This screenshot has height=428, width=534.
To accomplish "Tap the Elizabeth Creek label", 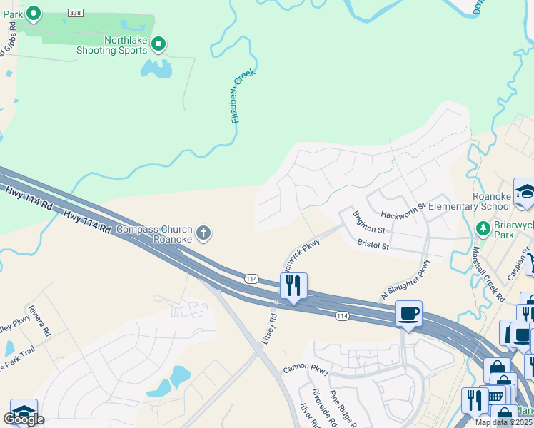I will [x=243, y=96].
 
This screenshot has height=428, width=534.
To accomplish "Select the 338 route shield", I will [x=75, y=13].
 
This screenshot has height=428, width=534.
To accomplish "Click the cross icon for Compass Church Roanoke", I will [x=203, y=232].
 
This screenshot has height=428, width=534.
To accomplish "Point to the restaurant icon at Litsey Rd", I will [x=293, y=286].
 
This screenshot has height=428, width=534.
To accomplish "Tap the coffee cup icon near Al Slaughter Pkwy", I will [x=408, y=314].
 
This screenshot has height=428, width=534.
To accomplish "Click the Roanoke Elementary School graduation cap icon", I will [x=525, y=191].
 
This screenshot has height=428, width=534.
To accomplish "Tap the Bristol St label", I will [x=373, y=245].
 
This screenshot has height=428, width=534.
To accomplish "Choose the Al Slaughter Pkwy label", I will [x=405, y=280].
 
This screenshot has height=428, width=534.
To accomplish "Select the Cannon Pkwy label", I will [x=306, y=370].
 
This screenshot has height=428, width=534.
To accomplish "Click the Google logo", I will [x=24, y=419].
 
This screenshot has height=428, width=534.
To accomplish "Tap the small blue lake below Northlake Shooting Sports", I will [x=156, y=68].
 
